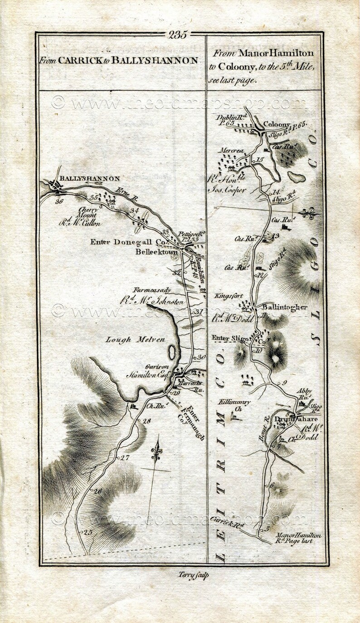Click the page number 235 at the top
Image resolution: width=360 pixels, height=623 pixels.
[178, 35]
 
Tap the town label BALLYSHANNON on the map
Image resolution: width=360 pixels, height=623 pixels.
[89, 179]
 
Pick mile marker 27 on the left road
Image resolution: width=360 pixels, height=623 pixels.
[125, 458]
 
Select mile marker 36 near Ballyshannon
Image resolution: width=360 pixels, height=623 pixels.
[59, 201]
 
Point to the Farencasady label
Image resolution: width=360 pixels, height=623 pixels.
[152, 290]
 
